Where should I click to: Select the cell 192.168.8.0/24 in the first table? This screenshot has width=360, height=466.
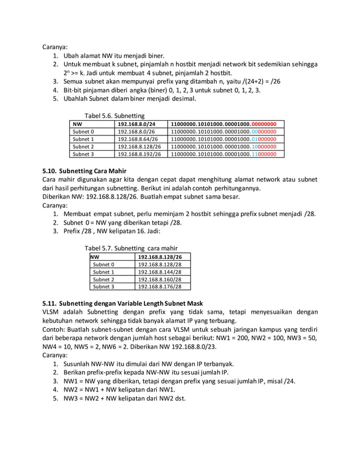coord(136,124)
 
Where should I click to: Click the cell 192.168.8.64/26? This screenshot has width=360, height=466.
coord(138,139)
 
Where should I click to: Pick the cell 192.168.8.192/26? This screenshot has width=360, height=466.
coord(139,153)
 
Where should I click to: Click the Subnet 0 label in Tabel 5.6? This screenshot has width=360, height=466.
coord(83,131)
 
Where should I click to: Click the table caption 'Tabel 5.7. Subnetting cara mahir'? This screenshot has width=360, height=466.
coord(131,248)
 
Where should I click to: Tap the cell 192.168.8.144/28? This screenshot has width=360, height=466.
coord(160,271)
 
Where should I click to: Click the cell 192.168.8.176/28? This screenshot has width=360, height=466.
coord(160,286)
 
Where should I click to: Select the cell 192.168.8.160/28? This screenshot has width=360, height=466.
coord(160,279)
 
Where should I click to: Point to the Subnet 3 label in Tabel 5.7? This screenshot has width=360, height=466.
coord(103,286)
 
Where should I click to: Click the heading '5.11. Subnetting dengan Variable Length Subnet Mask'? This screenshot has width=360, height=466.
coord(122,303)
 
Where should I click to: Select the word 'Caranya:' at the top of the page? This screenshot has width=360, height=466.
coord(55,47)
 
